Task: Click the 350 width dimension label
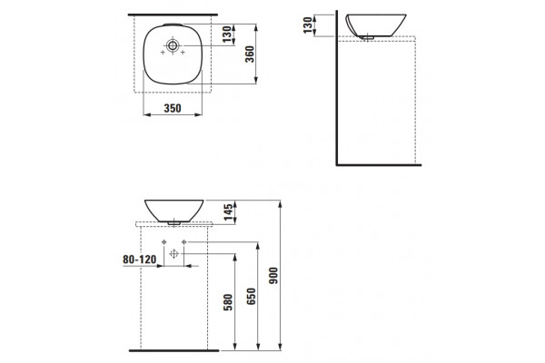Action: click(x=173, y=108)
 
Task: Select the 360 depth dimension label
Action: click(x=250, y=54)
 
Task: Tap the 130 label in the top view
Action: click(x=227, y=34)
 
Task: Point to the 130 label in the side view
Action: click(x=308, y=25)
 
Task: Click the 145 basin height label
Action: click(x=228, y=212)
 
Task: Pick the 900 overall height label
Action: click(x=274, y=276)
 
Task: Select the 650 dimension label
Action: click(x=251, y=297)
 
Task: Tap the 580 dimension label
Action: click(x=228, y=302)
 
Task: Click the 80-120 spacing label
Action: click(x=139, y=260)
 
